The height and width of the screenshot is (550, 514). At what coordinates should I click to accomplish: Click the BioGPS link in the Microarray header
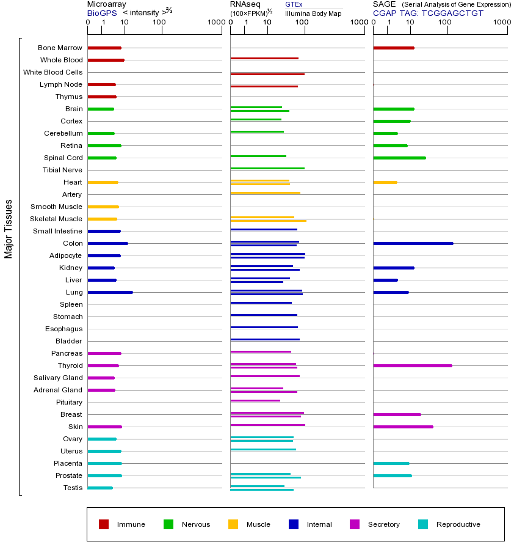pos(101,12)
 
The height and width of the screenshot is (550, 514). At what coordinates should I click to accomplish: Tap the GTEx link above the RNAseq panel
pos(294,4)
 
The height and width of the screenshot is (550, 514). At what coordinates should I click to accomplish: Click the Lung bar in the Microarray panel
pos(110,292)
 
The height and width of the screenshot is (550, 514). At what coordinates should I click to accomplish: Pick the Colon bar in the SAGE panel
pos(413,243)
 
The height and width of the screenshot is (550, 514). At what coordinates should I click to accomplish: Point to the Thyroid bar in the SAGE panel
pos(412,365)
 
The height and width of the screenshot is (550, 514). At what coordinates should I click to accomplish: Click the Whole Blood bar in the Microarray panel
pos(106,60)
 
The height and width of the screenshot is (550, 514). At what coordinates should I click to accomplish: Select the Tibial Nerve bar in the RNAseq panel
pos(267,168)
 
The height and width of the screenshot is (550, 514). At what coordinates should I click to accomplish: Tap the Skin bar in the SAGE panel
pos(403,427)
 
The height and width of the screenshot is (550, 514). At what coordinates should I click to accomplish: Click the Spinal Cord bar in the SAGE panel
pos(399,158)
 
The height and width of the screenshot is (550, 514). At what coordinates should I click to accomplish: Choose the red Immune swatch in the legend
pos(104,524)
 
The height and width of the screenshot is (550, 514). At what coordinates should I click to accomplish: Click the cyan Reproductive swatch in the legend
pos(423,524)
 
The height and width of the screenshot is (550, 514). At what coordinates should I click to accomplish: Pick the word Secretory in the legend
pos(383,524)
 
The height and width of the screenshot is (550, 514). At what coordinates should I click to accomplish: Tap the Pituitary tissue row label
pos(68,402)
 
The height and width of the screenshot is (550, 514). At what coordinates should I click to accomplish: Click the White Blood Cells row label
pos(52,72)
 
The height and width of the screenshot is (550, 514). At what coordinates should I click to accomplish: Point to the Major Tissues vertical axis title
pos(9,229)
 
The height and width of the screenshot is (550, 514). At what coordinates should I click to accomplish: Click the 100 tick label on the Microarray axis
pos(159,23)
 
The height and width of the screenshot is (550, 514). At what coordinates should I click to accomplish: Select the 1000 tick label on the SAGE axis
pos(502,23)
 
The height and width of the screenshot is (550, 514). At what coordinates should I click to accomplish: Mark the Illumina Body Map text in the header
pos(313,13)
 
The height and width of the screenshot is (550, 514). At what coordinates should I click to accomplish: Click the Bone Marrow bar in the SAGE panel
pos(393,48)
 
